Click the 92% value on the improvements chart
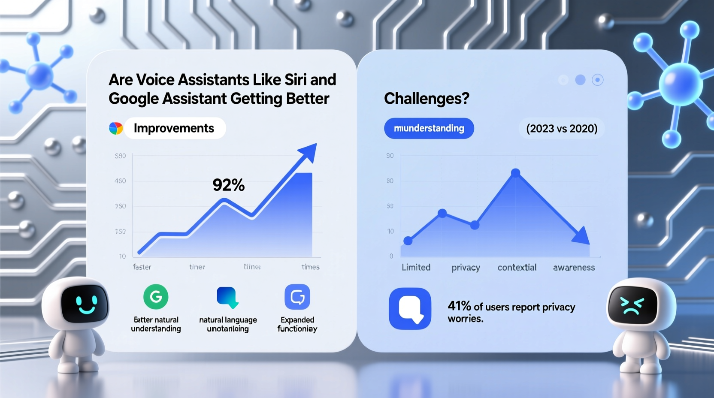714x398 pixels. tap(228, 185)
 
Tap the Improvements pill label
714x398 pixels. tap(174, 128)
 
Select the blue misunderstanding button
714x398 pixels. tap(429, 128)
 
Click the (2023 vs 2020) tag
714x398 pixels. tap(562, 129)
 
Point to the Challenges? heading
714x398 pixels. tap(427, 99)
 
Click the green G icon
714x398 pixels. tap(156, 297)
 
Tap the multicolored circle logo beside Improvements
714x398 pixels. tap(116, 128)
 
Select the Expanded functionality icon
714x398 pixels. tap(297, 297)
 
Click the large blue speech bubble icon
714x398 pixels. tap(410, 309)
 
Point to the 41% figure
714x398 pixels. tap(459, 306)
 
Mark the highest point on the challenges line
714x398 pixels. tap(516, 173)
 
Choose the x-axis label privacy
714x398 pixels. tap(466, 268)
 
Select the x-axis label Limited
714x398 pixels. tap(416, 268)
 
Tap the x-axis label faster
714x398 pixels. tap(142, 267)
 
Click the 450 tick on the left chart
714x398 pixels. tap(120, 181)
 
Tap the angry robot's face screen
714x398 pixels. tap(632, 305)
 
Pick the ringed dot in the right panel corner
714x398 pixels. tap(597, 80)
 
